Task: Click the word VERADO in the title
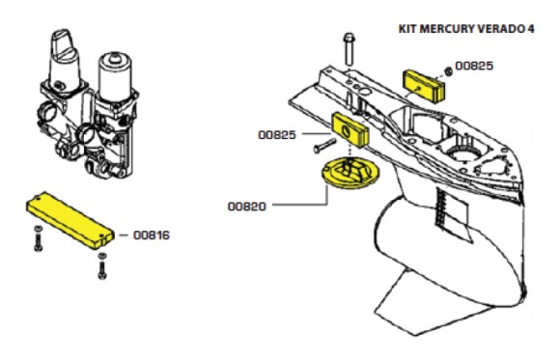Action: point(501,29)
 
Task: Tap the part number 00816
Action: point(152,235)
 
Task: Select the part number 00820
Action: point(247,207)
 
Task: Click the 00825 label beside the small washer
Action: point(474,66)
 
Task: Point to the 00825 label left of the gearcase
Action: point(277,135)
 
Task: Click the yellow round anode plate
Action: point(350,173)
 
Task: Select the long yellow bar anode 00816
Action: point(70,220)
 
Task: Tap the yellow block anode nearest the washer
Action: point(424,86)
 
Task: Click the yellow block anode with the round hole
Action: point(350,130)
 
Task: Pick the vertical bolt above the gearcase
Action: point(349,49)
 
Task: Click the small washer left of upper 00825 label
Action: point(449,71)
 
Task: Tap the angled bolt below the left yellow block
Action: point(324,146)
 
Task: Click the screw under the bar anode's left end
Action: point(39,238)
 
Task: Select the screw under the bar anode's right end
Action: point(102,265)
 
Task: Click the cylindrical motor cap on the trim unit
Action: point(115,77)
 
